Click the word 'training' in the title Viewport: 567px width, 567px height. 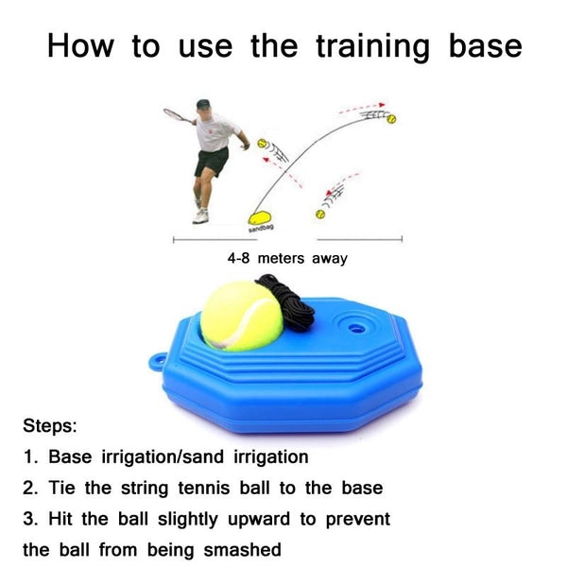click(373, 47)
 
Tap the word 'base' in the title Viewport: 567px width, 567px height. click(486, 45)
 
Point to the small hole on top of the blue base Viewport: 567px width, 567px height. click(356, 329)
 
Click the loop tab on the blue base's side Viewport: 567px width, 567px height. click(157, 362)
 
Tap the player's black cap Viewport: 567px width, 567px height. click(203, 105)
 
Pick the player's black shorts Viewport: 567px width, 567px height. click(212, 162)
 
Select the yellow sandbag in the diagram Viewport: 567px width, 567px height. click(260, 218)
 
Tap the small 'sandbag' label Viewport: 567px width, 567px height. click(261, 229)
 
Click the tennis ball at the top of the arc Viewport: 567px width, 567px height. click(391, 119)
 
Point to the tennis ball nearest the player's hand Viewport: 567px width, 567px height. click(262, 144)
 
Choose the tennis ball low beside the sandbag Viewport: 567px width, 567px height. click(320, 215)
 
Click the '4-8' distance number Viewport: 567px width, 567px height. click(239, 258)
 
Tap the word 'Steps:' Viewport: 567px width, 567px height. click(50, 425)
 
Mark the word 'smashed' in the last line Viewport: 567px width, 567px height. click(242, 550)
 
